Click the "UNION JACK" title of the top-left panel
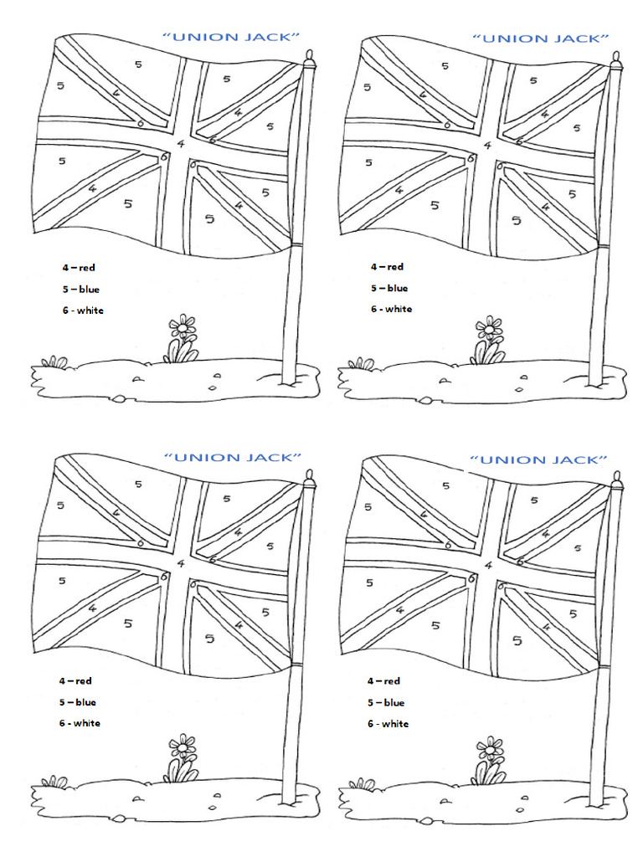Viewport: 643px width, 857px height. [230, 36]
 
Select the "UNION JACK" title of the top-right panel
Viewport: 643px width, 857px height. [539, 38]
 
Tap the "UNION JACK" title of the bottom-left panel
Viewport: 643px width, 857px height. [231, 458]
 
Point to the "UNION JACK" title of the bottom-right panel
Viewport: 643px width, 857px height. [538, 459]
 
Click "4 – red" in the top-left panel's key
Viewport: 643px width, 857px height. [79, 267]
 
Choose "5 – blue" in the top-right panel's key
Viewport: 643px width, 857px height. [387, 288]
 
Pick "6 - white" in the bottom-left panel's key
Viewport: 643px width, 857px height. [81, 723]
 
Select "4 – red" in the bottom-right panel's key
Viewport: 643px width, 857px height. [384, 681]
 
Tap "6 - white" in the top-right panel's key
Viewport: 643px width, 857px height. [392, 309]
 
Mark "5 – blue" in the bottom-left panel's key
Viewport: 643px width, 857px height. [79, 702]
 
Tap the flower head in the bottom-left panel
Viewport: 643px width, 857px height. [182, 745]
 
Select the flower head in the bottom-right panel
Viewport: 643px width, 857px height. [489, 746]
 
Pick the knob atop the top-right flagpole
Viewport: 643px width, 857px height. [617, 61]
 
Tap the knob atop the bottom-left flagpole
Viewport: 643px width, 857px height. [310, 479]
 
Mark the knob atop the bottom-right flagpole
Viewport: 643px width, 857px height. [617, 480]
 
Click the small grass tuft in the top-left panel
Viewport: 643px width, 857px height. [54, 362]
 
